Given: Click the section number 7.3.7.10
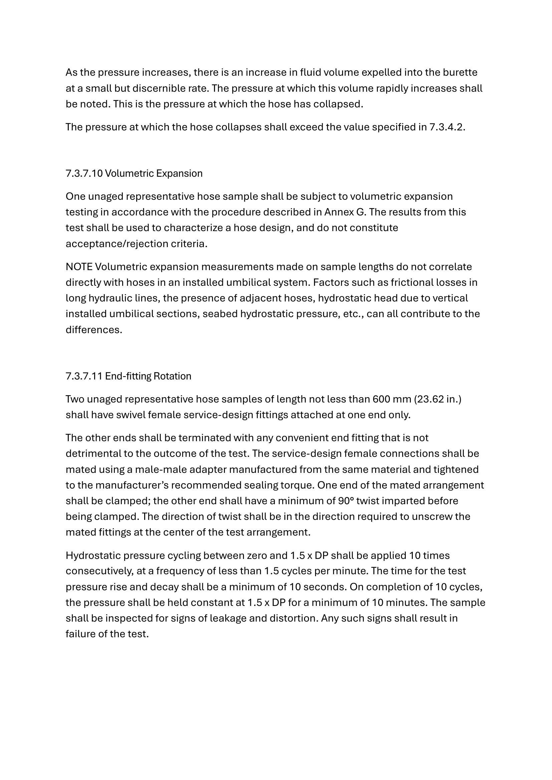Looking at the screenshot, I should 84,174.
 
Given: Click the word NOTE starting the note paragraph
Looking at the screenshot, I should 79,267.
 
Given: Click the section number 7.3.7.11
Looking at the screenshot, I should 84,376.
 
